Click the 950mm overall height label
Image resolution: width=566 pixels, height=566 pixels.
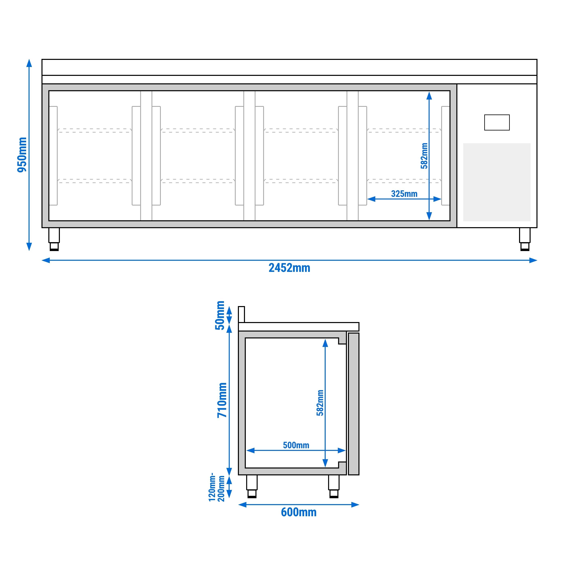[x=22, y=155]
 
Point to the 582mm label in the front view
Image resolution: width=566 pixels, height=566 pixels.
[x=424, y=156]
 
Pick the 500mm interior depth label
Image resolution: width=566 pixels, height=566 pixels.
[x=296, y=445]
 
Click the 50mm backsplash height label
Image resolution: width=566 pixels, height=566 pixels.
[x=220, y=316]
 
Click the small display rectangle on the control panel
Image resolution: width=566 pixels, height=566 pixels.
[x=497, y=122]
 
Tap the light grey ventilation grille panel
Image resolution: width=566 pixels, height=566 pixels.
[x=497, y=182]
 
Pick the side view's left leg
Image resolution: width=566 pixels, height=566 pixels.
[x=252, y=486]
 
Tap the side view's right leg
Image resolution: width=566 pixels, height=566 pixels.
[x=334, y=486]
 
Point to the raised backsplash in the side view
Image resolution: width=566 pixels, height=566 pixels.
[x=241, y=314]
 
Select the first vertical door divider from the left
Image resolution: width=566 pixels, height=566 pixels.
[x=146, y=156]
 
